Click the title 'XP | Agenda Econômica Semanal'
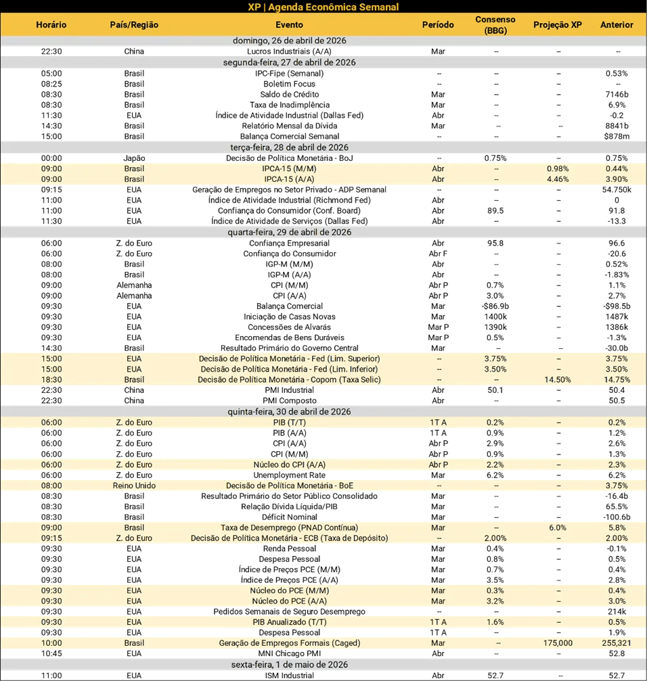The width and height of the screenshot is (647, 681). pos(323,7)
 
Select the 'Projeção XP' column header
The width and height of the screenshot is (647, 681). pos(557,25)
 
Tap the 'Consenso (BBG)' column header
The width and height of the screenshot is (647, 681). pos(495,25)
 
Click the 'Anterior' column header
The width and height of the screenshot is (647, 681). pos(617,25)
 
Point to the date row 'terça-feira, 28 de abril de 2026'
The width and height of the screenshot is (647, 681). pos(323,147)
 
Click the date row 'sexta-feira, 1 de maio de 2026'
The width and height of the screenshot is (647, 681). pos(323,664)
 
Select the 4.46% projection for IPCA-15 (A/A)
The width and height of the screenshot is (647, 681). pos(559,179)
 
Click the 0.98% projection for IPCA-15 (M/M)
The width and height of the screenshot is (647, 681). pos(559,168)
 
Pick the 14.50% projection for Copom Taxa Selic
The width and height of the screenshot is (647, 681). pos(559,380)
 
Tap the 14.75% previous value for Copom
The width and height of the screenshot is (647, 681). pos(617,380)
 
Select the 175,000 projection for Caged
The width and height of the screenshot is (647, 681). pos(559,643)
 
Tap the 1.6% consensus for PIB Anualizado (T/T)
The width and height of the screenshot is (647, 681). pos(495,622)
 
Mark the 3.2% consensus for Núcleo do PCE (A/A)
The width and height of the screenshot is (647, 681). pos(495,601)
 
